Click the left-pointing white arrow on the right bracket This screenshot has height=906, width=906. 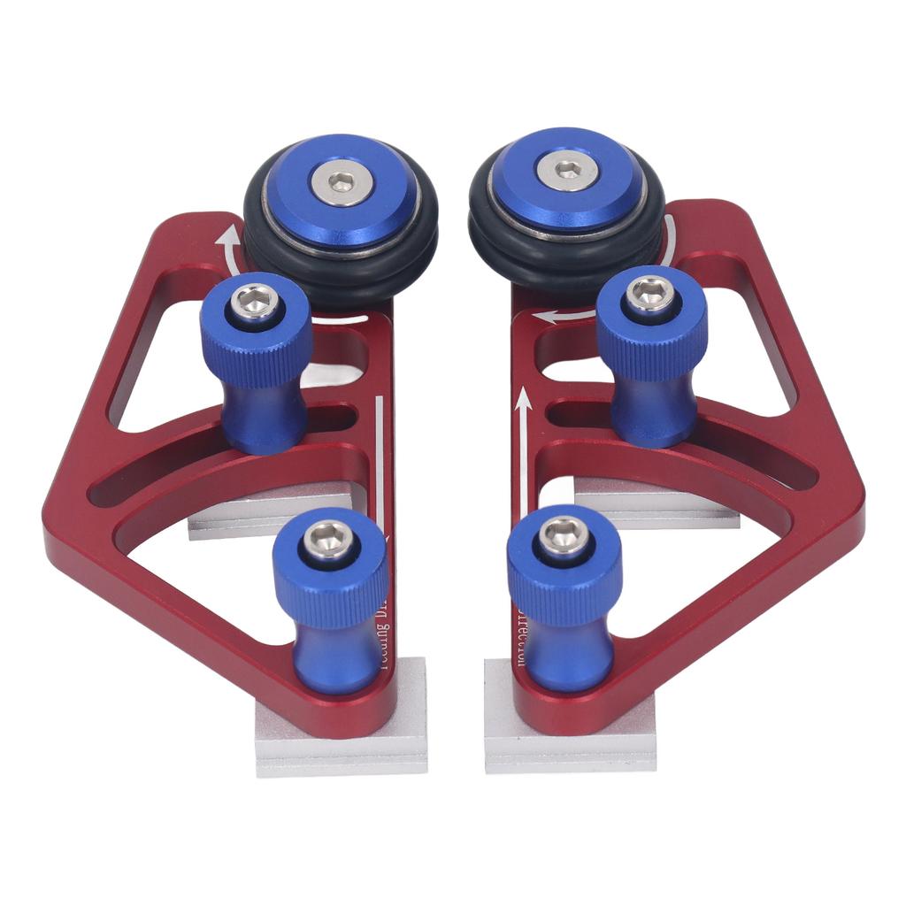pyautogui.click(x=566, y=313)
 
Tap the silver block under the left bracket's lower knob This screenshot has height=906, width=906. pyautogui.click(x=341, y=743)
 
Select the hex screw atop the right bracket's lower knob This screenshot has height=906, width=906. pyautogui.click(x=563, y=534)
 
